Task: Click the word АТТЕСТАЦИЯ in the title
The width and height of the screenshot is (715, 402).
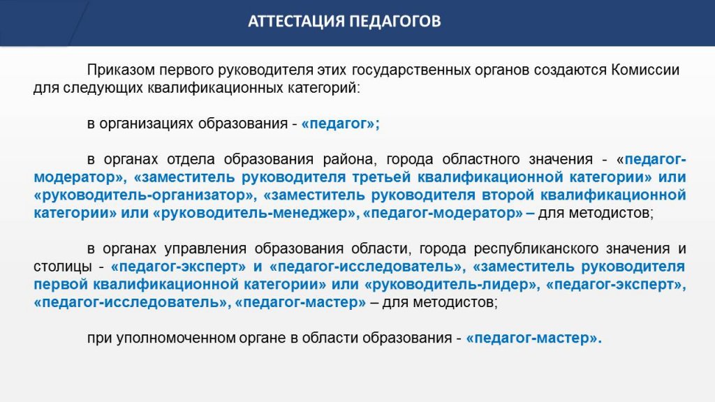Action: click(x=296, y=22)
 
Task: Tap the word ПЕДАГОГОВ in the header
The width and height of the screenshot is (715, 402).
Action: click(x=395, y=22)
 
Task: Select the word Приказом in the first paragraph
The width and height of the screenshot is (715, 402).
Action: click(x=121, y=70)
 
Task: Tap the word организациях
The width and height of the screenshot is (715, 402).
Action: click(x=146, y=124)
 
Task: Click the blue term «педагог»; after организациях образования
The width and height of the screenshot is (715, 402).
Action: click(x=341, y=124)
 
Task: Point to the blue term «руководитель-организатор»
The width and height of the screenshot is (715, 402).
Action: click(x=145, y=195)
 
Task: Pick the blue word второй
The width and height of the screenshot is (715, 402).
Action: click(x=508, y=195)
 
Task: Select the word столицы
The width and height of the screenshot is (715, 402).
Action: click(x=63, y=267)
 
